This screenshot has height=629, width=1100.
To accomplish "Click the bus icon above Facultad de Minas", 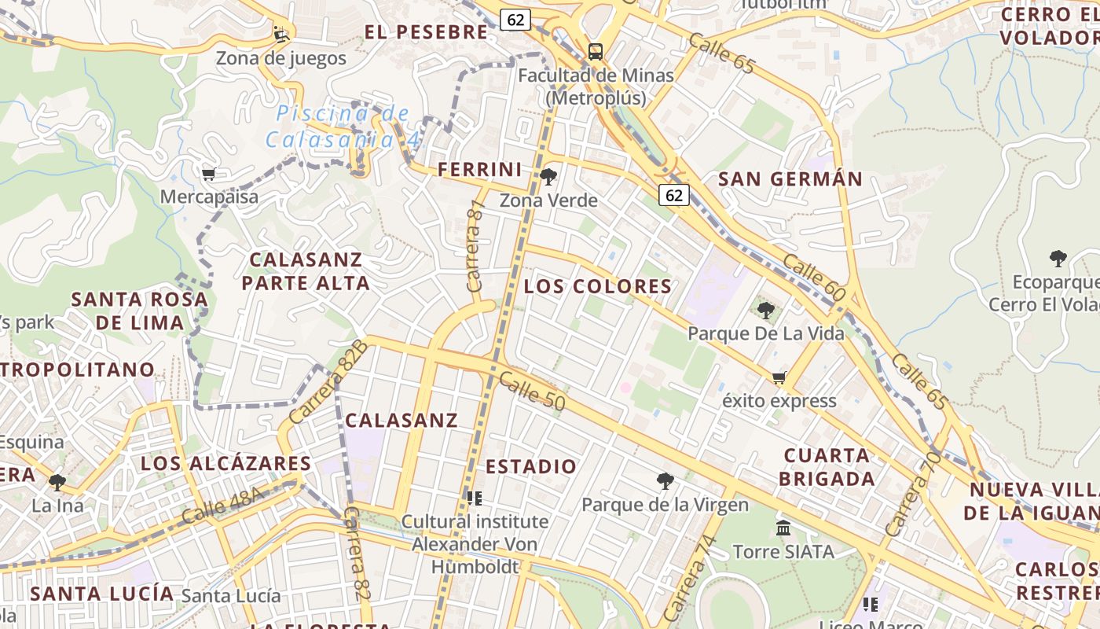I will click(596, 52).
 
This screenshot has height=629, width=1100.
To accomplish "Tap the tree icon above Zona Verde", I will click(548, 177).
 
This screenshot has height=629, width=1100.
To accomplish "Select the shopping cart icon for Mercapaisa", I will click(208, 174).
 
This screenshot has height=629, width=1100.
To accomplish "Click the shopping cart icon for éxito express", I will click(779, 378).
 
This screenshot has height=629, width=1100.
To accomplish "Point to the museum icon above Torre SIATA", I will click(783, 528).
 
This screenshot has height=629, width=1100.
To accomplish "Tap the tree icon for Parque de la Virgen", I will click(665, 480).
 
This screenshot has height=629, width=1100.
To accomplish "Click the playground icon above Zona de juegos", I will click(280, 35).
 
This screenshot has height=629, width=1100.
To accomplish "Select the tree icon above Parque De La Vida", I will click(766, 311).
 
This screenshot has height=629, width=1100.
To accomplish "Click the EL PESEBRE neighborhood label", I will click(427, 32).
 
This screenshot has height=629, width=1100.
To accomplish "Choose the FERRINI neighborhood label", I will click(479, 169).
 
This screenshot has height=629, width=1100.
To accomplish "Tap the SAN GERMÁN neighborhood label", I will click(790, 179).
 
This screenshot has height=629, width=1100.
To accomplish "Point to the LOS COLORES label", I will click(598, 286).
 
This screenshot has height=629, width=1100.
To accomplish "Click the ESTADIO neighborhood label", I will click(531, 466).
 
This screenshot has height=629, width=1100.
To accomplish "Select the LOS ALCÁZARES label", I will click(225, 464).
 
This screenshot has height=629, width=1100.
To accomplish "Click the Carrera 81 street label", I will click(475, 246).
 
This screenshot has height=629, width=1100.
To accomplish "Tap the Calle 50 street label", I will click(532, 391).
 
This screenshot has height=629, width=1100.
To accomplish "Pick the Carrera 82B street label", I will click(328, 382).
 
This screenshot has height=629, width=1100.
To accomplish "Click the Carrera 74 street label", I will click(689, 577).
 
